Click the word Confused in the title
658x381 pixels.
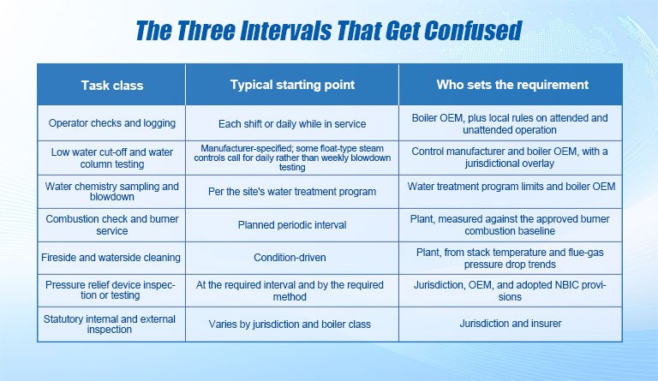click(x=473, y=31)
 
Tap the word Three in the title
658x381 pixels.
click(x=206, y=31)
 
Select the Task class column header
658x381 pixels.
click(x=112, y=86)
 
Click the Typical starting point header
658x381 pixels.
click(x=292, y=85)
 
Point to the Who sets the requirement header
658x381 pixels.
click(x=512, y=85)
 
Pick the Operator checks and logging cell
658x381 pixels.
click(x=112, y=123)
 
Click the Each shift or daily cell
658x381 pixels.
click(x=292, y=124)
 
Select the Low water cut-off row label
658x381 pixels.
click(x=112, y=158)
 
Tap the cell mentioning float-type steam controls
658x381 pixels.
click(x=292, y=158)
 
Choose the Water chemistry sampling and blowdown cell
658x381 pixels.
click(x=112, y=192)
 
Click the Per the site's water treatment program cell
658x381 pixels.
click(x=292, y=192)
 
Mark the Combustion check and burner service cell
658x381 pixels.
click(x=112, y=224)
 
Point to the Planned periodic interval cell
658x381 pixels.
click(x=292, y=225)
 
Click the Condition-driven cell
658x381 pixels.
click(x=290, y=258)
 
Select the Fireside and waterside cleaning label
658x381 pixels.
click(x=111, y=258)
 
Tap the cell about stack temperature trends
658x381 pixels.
click(x=510, y=259)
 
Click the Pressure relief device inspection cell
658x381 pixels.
click(x=111, y=290)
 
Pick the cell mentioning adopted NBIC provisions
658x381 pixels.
click(x=510, y=291)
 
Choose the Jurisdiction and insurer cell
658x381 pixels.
click(x=511, y=324)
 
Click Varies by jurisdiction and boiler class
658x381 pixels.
click(x=290, y=324)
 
